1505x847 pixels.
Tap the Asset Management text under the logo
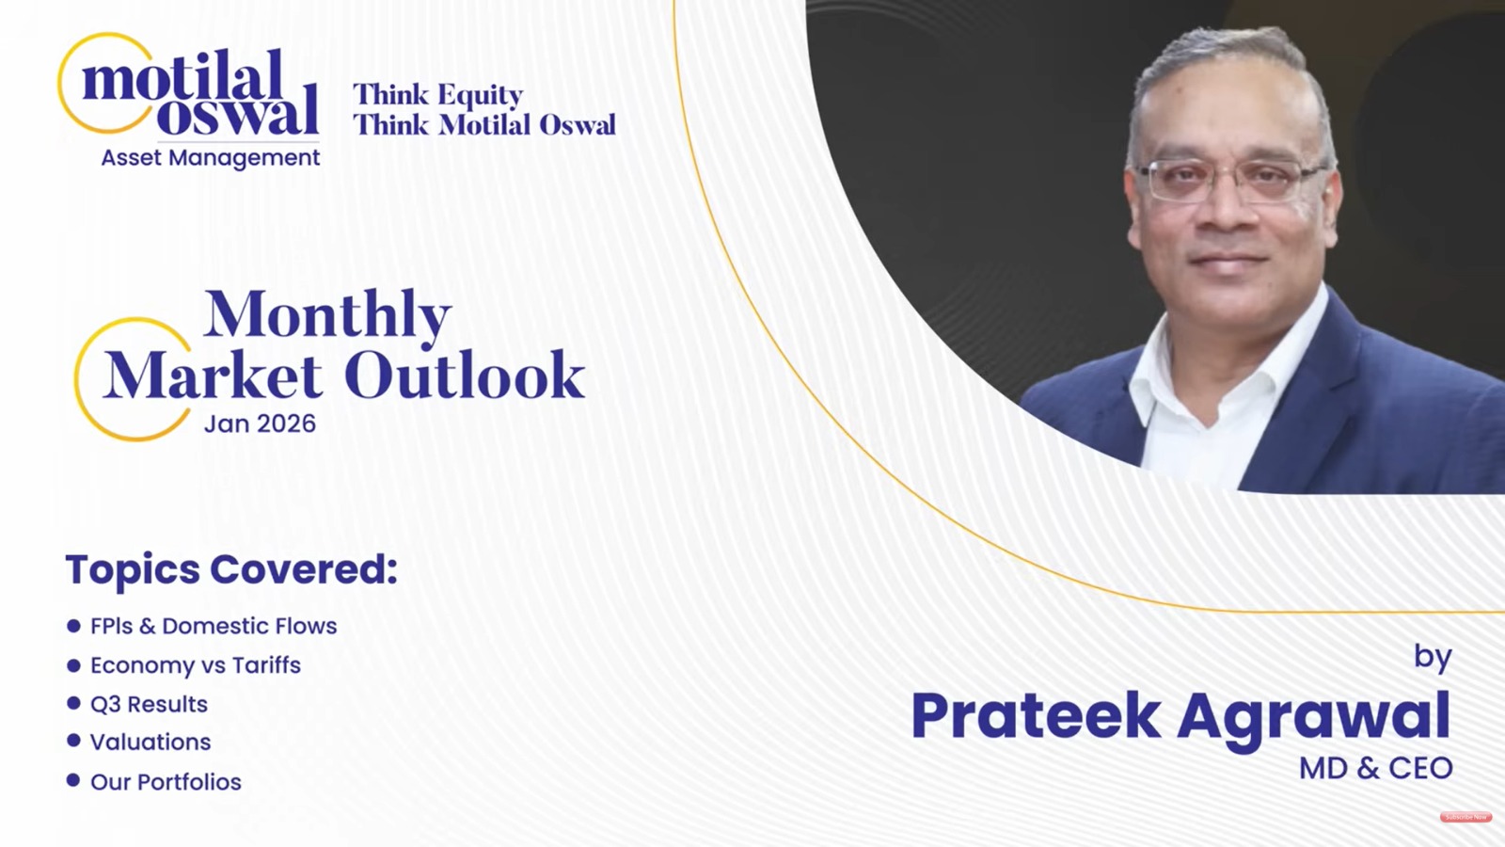(x=211, y=158)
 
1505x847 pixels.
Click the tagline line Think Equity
(x=437, y=95)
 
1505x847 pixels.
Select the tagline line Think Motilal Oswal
(x=484, y=125)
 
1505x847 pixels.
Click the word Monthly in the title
(x=327, y=314)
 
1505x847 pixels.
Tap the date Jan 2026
(x=260, y=423)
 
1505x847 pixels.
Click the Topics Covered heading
(x=231, y=569)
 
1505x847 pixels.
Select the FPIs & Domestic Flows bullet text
(x=214, y=626)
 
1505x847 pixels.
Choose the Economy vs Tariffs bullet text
(x=196, y=665)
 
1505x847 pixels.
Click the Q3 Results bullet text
(x=149, y=704)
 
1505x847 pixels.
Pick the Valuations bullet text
(x=150, y=743)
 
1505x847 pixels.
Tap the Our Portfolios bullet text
(x=166, y=782)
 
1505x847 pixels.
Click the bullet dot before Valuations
(x=73, y=741)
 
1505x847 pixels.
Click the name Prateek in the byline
(x=1036, y=716)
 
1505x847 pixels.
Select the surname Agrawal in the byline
(x=1313, y=718)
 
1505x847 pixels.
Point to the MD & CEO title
(x=1375, y=769)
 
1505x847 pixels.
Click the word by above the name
(x=1433, y=656)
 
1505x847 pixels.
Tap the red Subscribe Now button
(x=1465, y=817)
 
